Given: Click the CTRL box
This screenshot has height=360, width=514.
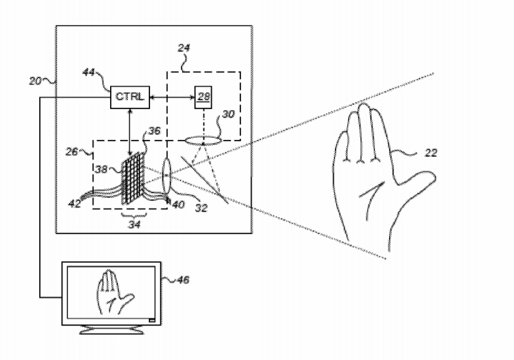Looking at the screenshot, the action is coord(130,97).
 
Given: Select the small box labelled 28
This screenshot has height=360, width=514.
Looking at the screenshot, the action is coord(203,97).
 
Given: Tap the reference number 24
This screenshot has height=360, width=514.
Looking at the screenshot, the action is coord(184,48).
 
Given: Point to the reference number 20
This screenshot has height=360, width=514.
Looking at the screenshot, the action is coord(35,81).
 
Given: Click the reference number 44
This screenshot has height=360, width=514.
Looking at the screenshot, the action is coord(89,72).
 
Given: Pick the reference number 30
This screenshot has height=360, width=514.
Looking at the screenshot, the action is coord(228,114).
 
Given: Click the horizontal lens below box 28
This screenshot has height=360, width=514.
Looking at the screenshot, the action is coord(203,141).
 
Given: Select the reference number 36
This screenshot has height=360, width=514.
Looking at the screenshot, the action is coord(155,131).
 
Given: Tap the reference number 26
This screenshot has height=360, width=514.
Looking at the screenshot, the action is coord(72,152).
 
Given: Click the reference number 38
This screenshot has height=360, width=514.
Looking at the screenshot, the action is coord(101,169).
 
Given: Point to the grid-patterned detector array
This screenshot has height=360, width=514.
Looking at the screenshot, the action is coord(133,178).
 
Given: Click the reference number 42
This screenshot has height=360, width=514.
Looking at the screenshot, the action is coord(75,204).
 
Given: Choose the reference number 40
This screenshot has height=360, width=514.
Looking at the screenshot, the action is coord(178,205).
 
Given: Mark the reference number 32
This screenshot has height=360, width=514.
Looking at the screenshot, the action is coord(202,208).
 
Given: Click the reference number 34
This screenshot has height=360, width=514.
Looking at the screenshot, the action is coord(134,224).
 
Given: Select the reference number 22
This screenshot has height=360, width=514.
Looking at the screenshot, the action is coord(431,153).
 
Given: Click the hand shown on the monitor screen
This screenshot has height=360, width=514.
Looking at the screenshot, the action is coord(115,292).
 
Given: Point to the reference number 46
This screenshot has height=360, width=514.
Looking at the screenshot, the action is coord(183,280).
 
